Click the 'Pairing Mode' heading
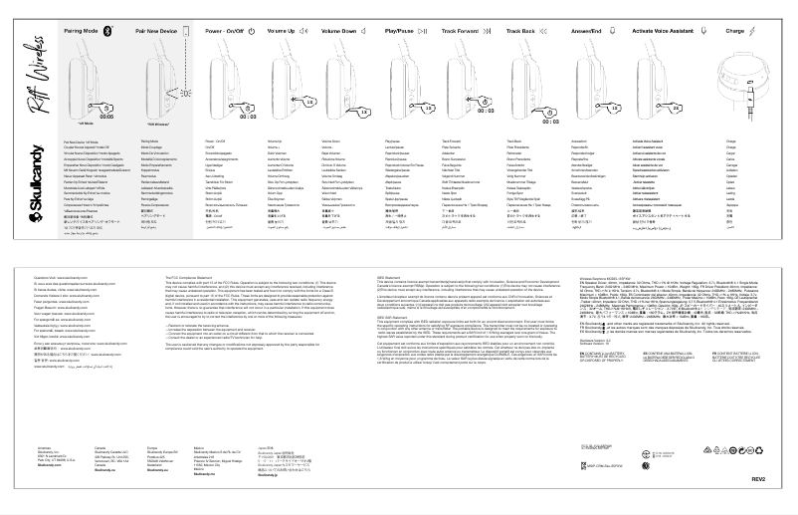coord(83,32)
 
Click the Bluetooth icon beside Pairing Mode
coord(110,32)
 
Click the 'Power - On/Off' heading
coord(225,32)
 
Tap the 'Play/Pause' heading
coord(403,32)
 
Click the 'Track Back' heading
coord(521,32)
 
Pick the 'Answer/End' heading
coord(580,32)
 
